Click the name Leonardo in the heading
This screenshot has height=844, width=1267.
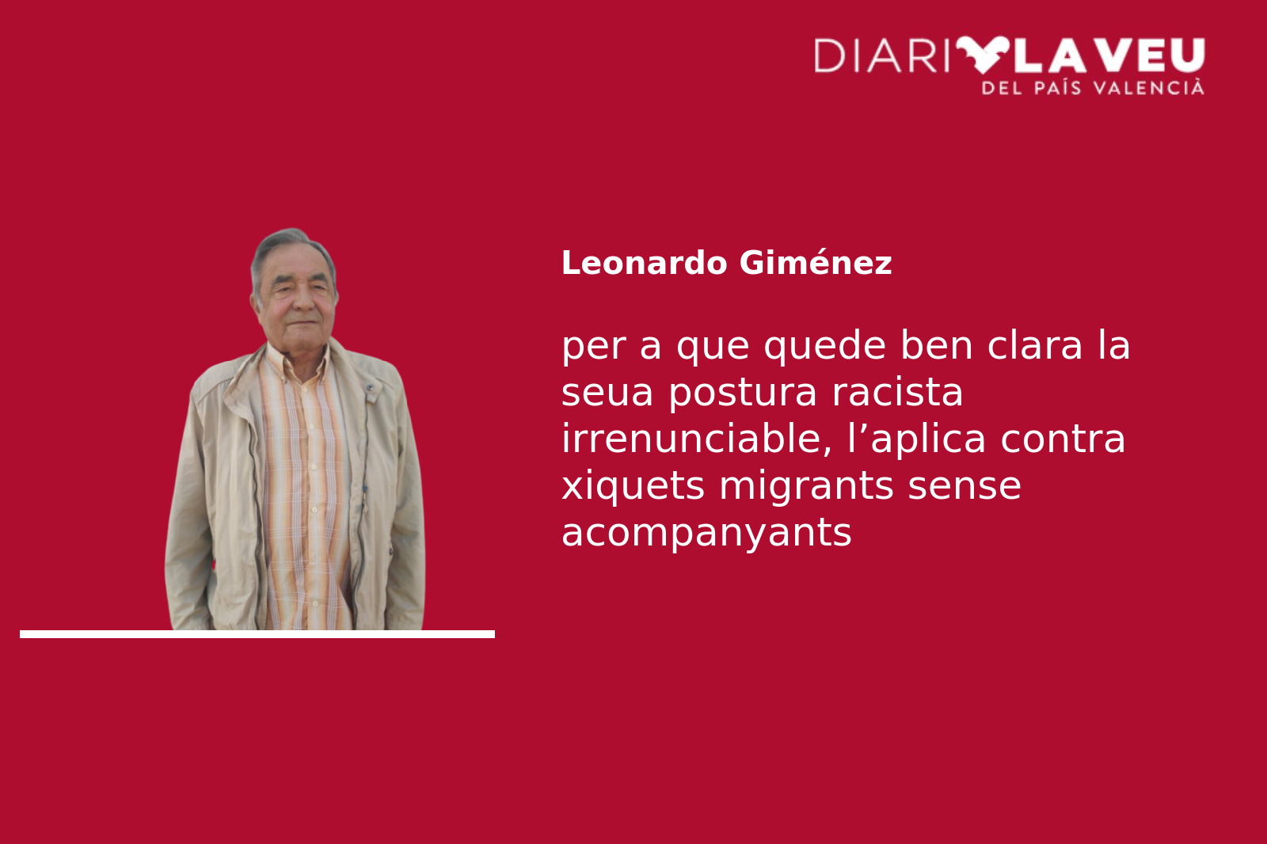644,263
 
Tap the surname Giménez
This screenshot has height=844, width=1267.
816,263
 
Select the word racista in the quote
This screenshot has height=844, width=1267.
897,392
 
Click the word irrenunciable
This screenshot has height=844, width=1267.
696,439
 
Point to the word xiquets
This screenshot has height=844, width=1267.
633,486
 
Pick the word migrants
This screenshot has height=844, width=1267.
806,486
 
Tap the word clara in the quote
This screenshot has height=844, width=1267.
1034,345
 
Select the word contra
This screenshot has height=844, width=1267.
1063,439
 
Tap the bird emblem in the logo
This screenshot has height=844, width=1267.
983,55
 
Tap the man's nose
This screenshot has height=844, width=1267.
304,302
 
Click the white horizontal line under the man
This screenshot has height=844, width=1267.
257,634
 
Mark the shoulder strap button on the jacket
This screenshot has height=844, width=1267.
370,388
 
